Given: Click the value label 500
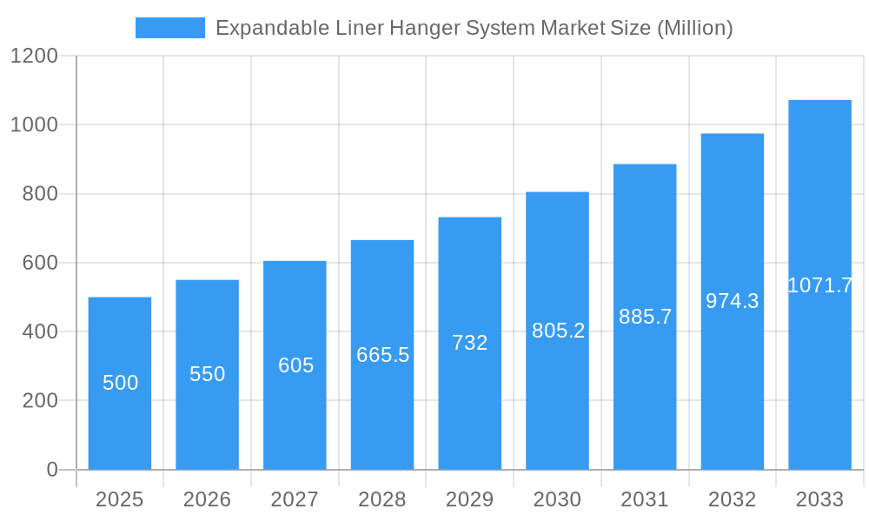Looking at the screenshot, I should tap(120, 383).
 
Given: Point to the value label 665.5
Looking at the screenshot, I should tap(382, 355).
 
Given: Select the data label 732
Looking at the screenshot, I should tap(470, 343).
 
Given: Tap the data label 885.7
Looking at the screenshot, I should tap(645, 317).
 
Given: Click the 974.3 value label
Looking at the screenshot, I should tap(732, 301).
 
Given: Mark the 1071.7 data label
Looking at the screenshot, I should tap(819, 285).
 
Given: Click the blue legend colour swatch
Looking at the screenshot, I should tap(170, 28).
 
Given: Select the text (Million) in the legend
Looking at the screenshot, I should tap(694, 28).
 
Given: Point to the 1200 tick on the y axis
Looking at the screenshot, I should tap(34, 57).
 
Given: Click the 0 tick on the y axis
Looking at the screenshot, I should tap(51, 470).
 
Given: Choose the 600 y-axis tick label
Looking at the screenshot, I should tap(40, 263).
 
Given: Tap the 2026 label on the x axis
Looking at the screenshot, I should tap(207, 500).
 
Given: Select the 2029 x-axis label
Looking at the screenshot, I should tap(470, 500).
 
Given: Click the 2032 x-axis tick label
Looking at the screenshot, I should tap(732, 500).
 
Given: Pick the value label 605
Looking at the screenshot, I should tap(295, 365).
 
